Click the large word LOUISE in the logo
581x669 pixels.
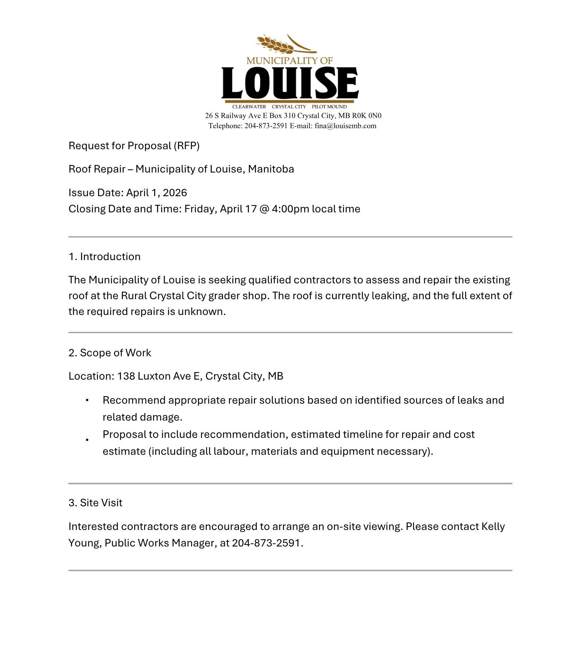pos(290,83)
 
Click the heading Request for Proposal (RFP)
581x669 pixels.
pos(134,146)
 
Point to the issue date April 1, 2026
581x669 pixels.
pos(156,193)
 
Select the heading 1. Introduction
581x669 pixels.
pos(105,257)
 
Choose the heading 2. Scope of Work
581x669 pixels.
pos(110,353)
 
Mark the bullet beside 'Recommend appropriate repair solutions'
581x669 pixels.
pos(87,401)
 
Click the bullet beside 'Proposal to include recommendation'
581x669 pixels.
pos(87,440)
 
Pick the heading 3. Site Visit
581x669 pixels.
pos(96,503)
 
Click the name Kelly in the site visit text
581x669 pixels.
pos(493,527)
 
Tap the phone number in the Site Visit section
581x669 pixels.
pos(267,543)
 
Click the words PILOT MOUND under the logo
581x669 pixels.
pos(329,107)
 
